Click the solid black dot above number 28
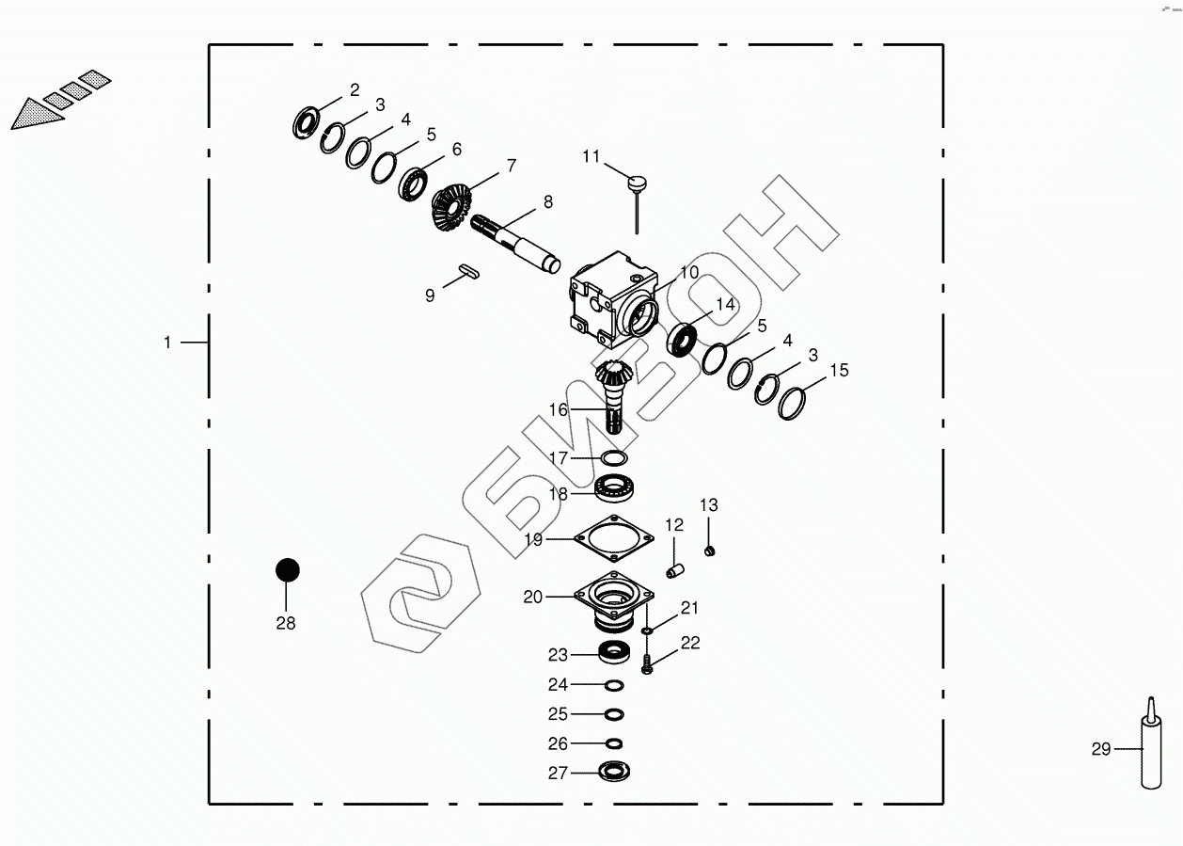point(287,570)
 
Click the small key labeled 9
point(469,271)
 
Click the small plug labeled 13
point(712,549)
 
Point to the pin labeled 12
point(673,570)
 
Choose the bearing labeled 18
point(617,488)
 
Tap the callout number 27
point(558,774)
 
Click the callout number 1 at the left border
point(167,343)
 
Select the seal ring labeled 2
point(305,121)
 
